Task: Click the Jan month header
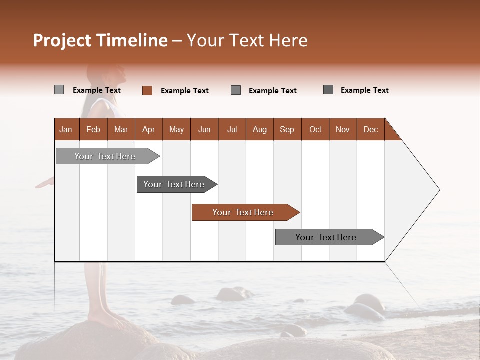click(66, 129)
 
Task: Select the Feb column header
click(93, 129)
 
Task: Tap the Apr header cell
click(148, 129)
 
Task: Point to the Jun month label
click(204, 129)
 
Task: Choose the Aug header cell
click(259, 129)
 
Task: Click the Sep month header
click(287, 129)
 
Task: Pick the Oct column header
click(315, 129)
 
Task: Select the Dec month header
click(370, 129)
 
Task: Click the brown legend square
click(147, 90)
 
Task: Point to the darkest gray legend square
click(328, 90)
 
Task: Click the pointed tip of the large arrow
click(438, 190)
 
